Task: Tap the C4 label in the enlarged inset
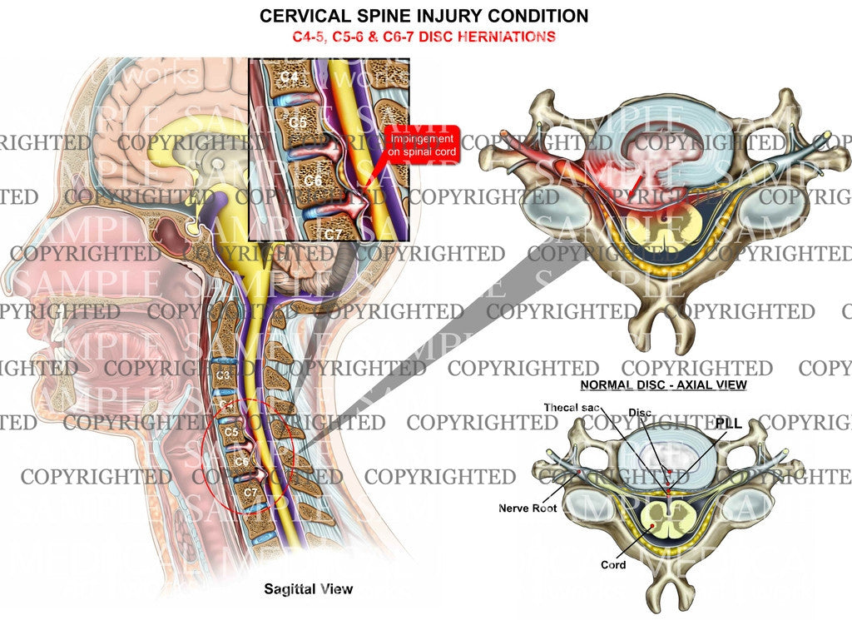pos(289,78)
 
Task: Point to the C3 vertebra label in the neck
pos(224,375)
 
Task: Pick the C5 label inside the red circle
pos(232,434)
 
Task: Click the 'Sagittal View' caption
pos(308,589)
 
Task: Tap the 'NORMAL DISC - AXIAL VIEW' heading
pos(663,385)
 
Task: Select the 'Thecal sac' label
pos(570,408)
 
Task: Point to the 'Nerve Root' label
pos(527,507)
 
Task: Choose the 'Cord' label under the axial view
pos(613,565)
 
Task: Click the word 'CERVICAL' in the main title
pos(300,15)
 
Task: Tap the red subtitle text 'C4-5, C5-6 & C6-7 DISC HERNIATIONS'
pos(424,37)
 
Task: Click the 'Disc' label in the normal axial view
pos(640,413)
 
